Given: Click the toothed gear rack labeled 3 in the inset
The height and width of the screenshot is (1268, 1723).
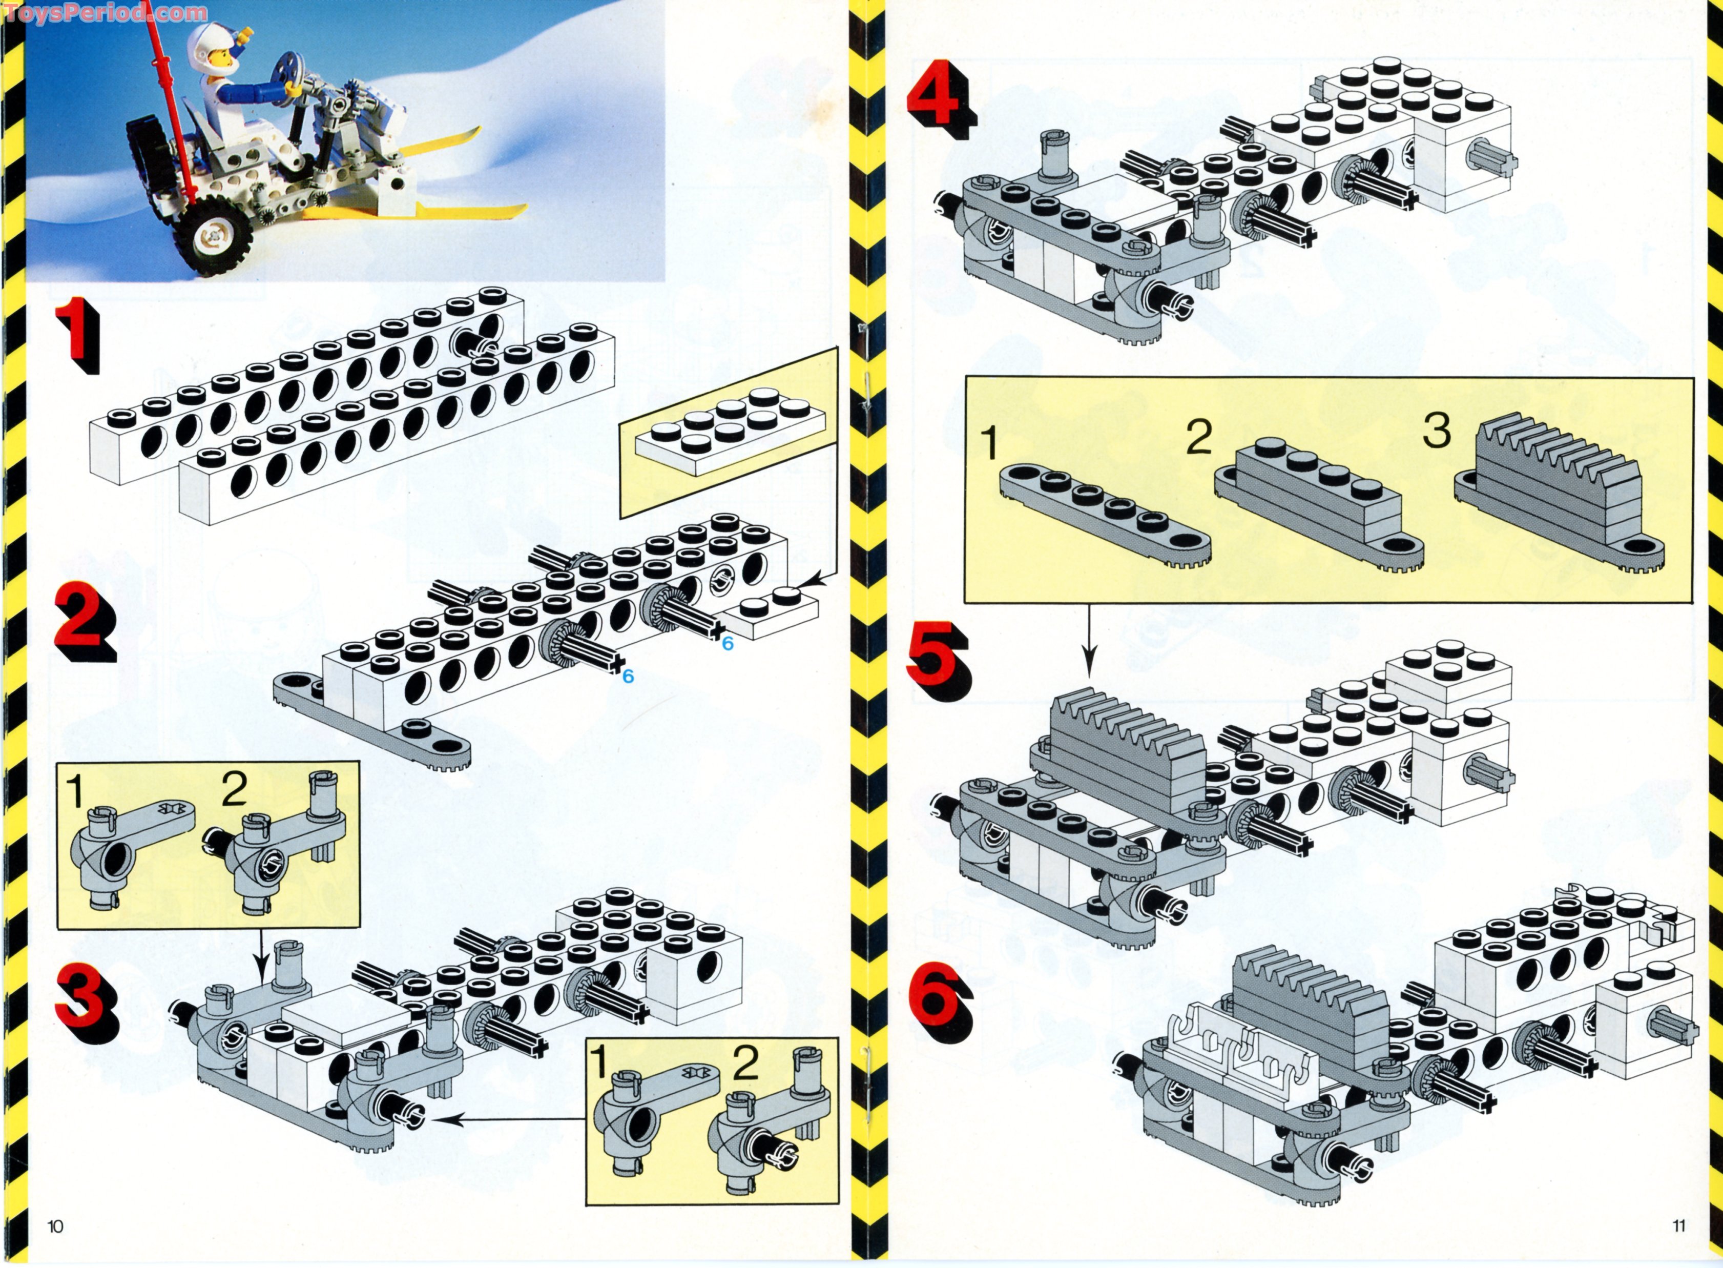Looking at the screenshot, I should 1558,503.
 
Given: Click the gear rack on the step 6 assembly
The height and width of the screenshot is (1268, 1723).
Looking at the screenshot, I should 1312,1006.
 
